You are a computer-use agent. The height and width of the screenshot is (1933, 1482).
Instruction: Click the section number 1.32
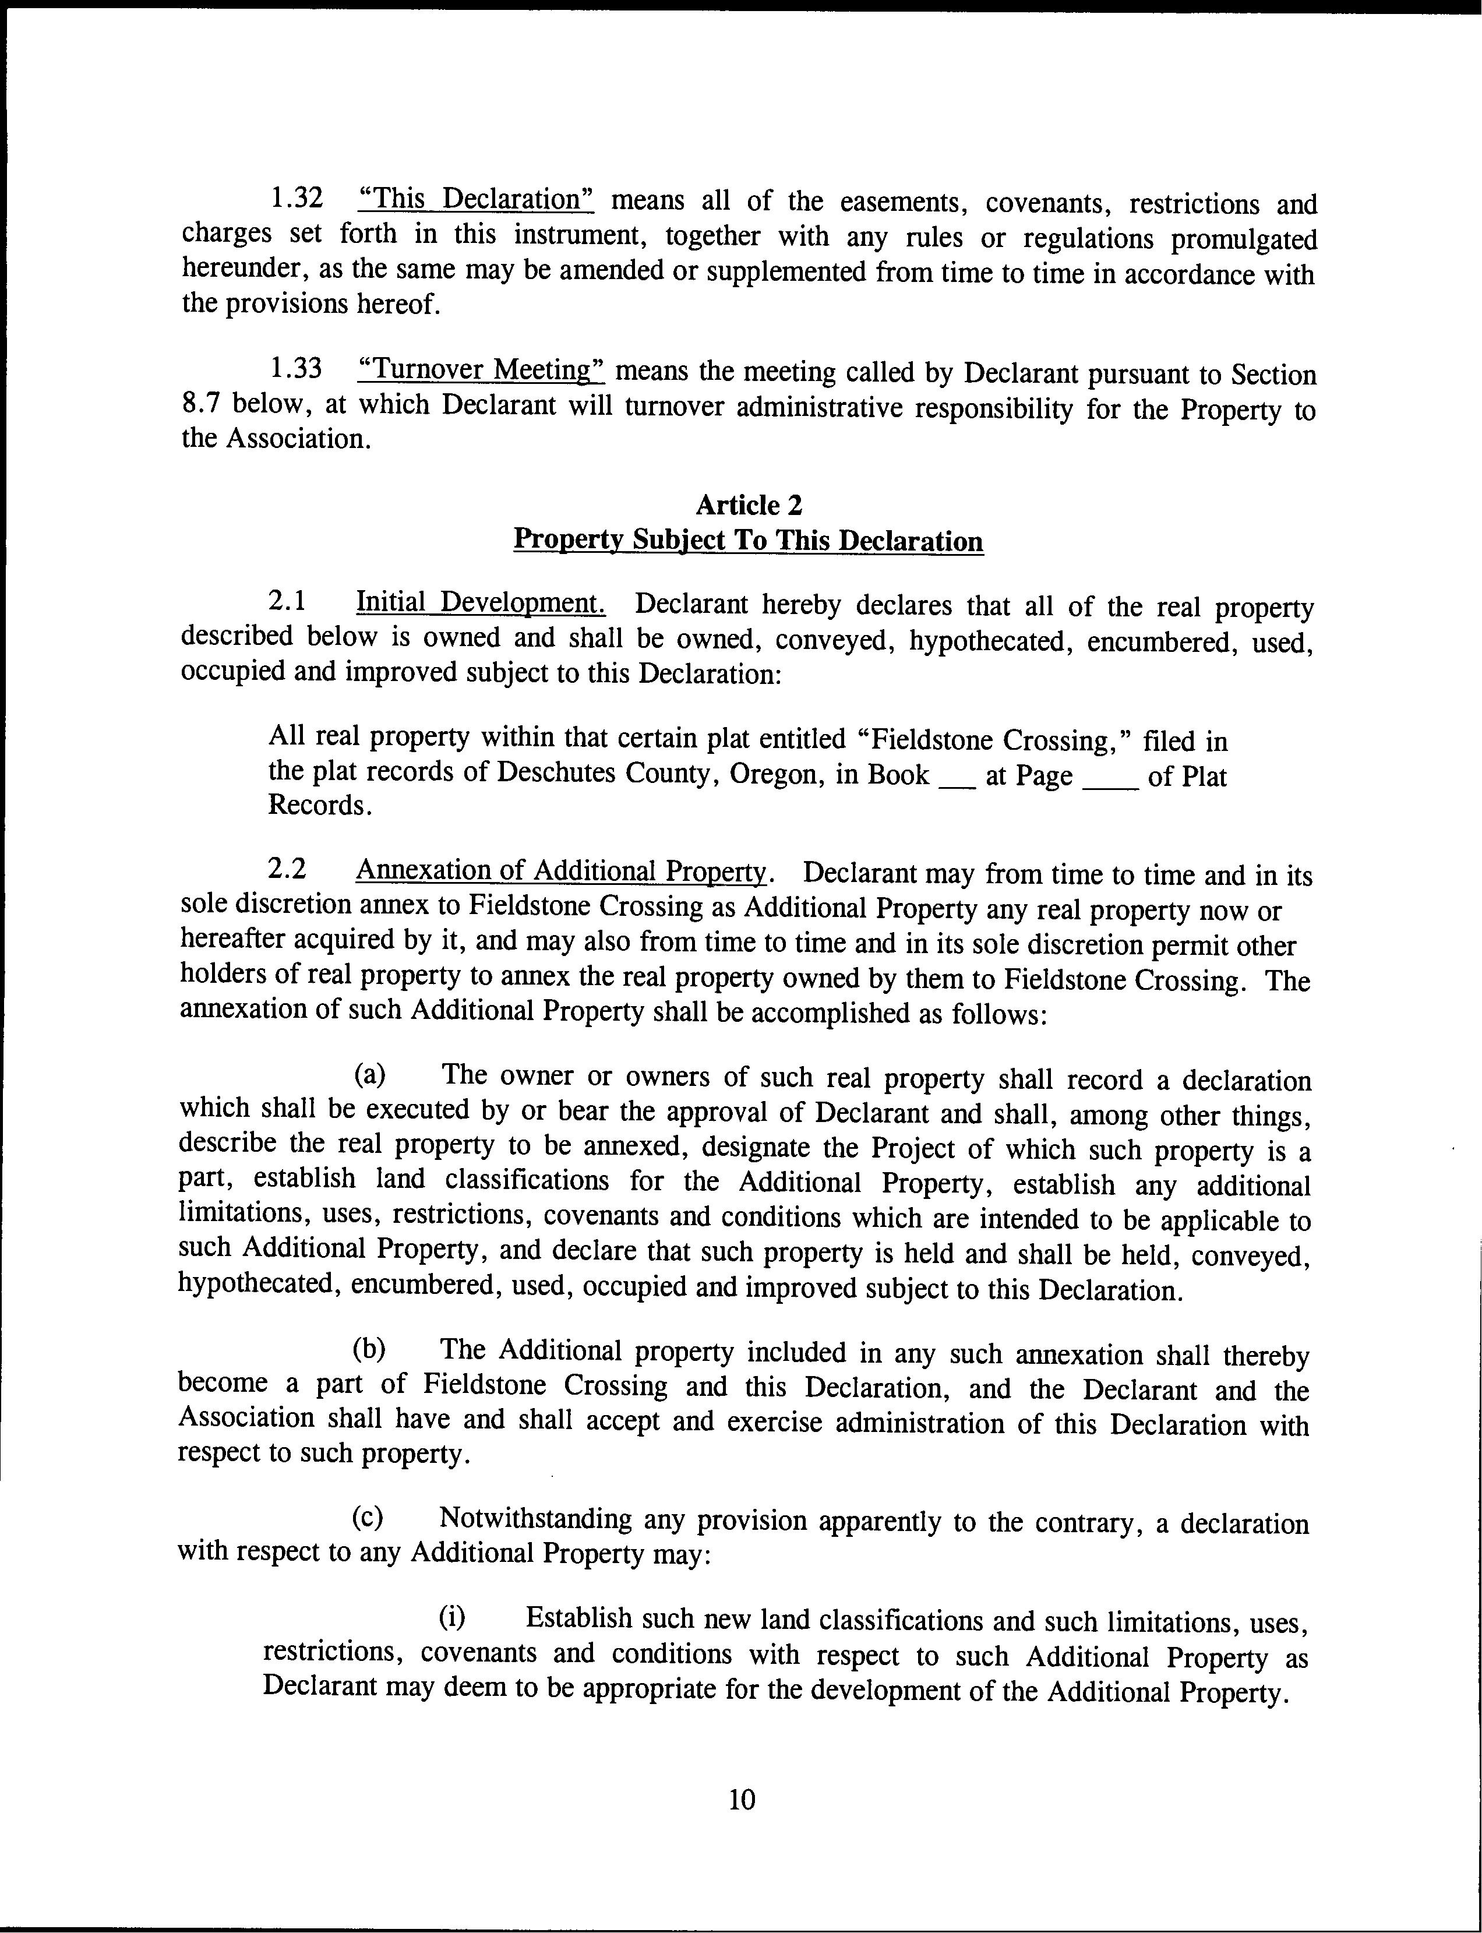tap(295, 199)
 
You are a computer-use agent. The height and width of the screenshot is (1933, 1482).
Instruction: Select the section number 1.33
tap(295, 369)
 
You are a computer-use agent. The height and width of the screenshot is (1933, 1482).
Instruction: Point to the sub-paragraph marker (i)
tap(453, 1617)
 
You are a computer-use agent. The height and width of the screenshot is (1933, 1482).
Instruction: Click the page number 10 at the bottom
tap(743, 1800)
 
